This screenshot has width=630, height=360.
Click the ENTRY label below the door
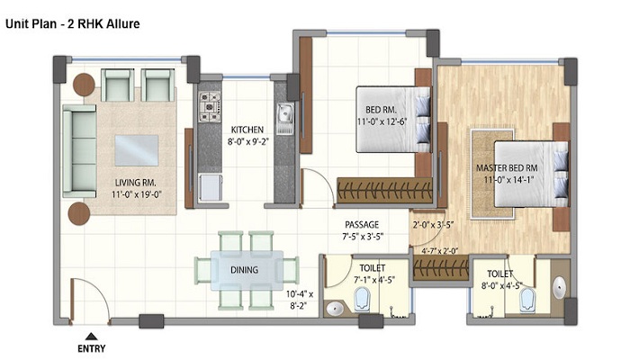pos(92,348)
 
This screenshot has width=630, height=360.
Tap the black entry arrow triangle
pos(92,337)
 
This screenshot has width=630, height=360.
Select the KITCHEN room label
pos(247,130)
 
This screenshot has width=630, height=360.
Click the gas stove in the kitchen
pos(210,106)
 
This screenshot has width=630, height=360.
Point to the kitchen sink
pos(285,113)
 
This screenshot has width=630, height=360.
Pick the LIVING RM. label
pos(136,183)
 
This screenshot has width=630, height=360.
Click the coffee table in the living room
pos(137,150)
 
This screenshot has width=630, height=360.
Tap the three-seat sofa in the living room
pos(79,151)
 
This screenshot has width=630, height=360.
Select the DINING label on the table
pos(244,270)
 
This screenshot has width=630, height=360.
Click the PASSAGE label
pos(362,225)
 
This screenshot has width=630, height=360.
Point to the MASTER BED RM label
pos(507,168)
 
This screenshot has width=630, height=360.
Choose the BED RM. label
pos(381,109)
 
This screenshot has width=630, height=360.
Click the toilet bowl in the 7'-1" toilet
pos(362,301)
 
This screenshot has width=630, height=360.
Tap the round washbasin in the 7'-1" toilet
pos(334,309)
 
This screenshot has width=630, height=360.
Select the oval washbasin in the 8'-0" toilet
pos(559,287)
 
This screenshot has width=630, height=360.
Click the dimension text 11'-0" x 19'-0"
pos(137,195)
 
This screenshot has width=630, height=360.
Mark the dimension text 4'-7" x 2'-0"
pos(439,251)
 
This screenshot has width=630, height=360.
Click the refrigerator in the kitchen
pos(211,187)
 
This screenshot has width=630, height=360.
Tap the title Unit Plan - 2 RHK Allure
pos(73,23)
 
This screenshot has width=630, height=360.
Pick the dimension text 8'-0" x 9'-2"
pos(247,142)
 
